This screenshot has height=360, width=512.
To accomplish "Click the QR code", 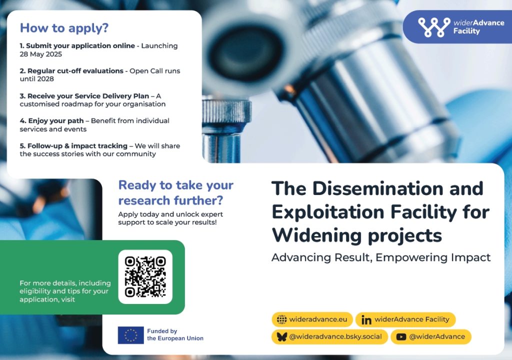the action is coord(145,276).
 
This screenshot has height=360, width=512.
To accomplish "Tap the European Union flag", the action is coord(130,335).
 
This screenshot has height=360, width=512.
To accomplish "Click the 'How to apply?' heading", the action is coord(64,28).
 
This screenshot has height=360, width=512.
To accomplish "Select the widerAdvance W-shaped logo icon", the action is coord(434,27).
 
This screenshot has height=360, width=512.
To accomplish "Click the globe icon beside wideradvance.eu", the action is coord(281,319).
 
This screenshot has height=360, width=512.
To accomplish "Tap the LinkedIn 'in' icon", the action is coord(366,320).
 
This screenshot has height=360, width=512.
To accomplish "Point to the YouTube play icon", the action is coord(401,337).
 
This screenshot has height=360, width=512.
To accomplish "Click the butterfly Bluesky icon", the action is coord(281,337).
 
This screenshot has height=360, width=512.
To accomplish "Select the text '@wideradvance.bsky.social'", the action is coord(335,336).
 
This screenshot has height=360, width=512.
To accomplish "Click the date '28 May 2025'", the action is coord(41,54).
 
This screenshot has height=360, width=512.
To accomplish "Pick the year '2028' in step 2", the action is coord(45,78).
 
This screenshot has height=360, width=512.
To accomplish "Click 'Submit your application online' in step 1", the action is coord(80,45).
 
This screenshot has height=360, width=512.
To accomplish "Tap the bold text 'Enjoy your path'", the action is coord(56,121).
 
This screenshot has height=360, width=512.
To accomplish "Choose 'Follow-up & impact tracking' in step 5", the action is coord(77,145).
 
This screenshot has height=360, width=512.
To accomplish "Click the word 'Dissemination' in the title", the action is coord(377,188).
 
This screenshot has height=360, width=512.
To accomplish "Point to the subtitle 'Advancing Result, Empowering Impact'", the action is coord(380,257).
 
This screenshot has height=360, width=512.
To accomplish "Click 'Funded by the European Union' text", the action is coord(175,334).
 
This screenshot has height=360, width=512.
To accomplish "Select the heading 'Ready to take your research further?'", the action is coord(175,192).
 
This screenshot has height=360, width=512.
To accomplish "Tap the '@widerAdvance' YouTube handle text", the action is coord(437,336).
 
